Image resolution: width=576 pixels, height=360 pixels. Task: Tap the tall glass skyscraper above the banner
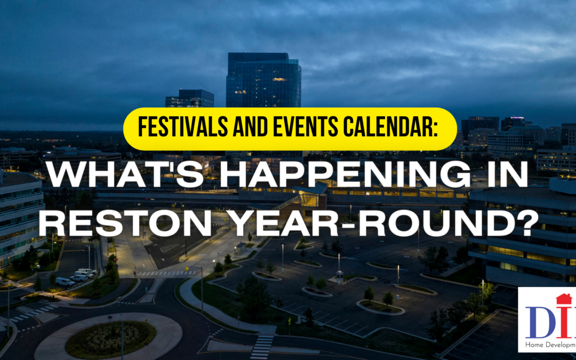coord(263,80)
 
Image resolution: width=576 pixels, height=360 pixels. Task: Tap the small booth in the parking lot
coord(339,276)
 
